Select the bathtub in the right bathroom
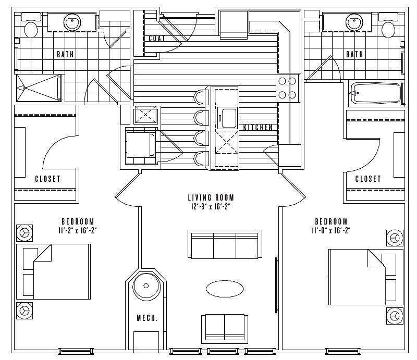click(x=376, y=93)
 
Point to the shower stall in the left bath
click(x=39, y=88)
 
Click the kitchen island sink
click(x=227, y=118)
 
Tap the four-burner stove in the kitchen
click(x=287, y=88)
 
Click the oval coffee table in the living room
click(x=225, y=289)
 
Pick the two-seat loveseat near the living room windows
click(x=225, y=328)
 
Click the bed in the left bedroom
click(x=54, y=271)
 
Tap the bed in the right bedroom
click(x=366, y=277)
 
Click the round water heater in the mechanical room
click(x=146, y=286)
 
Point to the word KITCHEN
click(x=258, y=127)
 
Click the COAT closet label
click(x=157, y=38)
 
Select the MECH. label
click(x=148, y=318)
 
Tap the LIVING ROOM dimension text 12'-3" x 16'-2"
click(x=211, y=207)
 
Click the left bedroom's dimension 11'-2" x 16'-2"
click(x=77, y=231)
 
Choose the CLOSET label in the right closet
click(x=368, y=179)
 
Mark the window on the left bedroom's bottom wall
click(x=76, y=351)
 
